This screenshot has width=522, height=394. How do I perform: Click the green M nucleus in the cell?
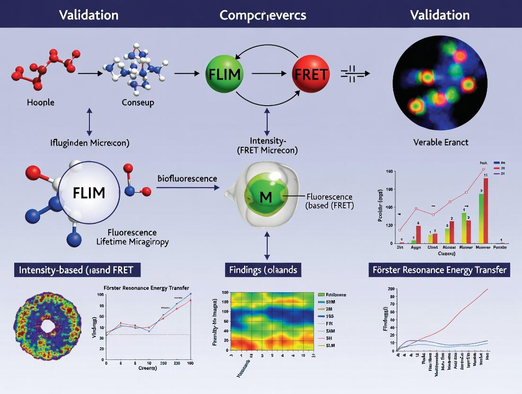click(266, 195)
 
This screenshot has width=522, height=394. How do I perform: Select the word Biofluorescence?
click(187, 179)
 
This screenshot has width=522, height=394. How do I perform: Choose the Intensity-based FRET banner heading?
click(76, 270)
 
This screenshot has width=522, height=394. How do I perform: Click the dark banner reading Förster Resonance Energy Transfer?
click(439, 270)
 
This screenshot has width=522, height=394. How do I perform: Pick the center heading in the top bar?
click(262, 15)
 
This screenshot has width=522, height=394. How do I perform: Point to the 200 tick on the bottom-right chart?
click(391, 288)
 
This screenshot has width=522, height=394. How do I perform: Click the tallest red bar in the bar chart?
click(486, 210)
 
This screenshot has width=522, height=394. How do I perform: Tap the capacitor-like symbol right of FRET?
click(351, 74)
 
